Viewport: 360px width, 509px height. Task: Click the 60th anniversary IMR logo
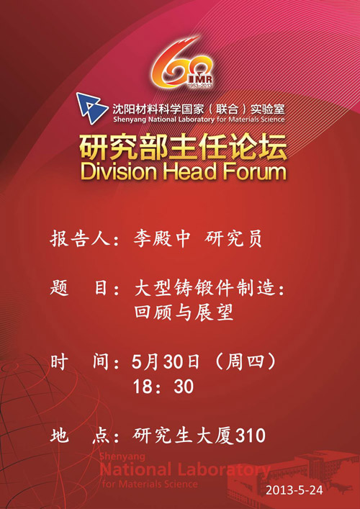click(183, 63)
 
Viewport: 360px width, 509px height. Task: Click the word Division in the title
click(119, 172)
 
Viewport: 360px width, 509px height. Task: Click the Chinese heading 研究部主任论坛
click(184, 148)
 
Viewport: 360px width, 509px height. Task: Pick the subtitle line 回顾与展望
click(184, 313)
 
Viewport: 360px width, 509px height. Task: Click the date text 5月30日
click(165, 362)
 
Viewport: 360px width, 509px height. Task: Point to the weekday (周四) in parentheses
click(245, 362)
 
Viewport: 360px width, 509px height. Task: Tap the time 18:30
click(163, 387)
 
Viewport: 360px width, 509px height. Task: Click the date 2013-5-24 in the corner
click(294, 490)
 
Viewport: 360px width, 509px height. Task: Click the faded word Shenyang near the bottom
click(122, 456)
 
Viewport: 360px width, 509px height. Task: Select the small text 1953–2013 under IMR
click(199, 85)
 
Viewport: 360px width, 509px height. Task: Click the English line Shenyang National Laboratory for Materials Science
click(199, 119)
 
